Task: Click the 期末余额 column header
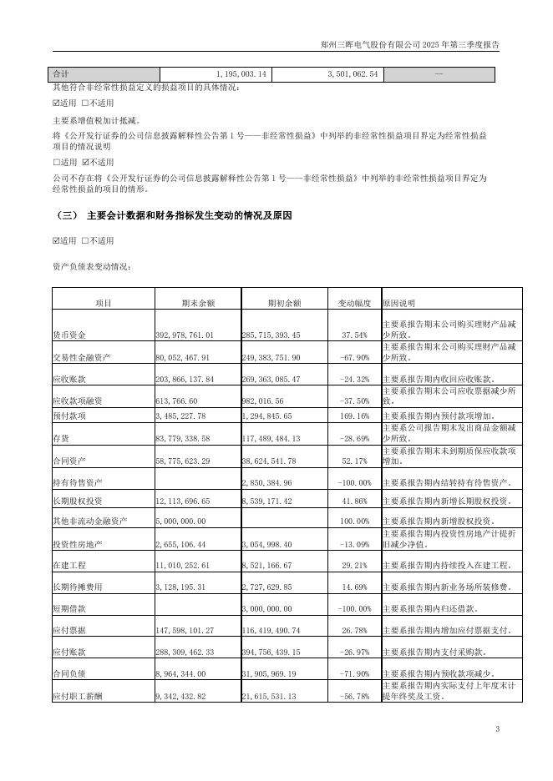click(x=198, y=302)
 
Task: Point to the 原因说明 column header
click(x=398, y=302)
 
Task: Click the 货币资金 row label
click(x=69, y=335)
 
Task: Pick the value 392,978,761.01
click(x=185, y=335)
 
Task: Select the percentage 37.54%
click(x=355, y=335)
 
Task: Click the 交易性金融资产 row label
click(x=81, y=357)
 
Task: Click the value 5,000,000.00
click(x=180, y=521)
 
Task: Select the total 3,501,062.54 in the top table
click(x=345, y=74)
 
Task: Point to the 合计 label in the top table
click(x=61, y=74)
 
